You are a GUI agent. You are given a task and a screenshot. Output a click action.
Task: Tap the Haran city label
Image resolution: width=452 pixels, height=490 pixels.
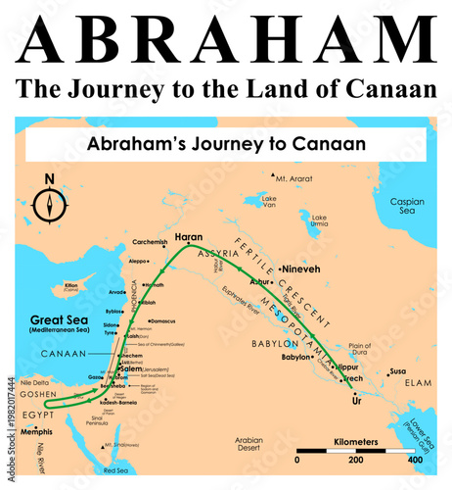pyautogui.click(x=188, y=237)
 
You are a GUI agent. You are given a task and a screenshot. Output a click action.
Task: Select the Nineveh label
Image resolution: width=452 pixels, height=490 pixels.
pyautogui.click(x=300, y=268)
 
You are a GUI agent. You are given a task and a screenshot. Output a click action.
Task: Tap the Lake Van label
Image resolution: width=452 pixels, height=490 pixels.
pyautogui.click(x=269, y=202)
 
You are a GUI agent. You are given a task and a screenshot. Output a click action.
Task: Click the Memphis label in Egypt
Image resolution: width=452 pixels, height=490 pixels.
pyautogui.click(x=37, y=430)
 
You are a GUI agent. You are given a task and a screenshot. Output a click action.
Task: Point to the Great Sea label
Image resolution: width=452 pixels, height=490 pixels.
pyautogui.click(x=61, y=318)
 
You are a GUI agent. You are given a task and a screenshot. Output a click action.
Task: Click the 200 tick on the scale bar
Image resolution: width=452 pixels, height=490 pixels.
pyautogui.click(x=354, y=459)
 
